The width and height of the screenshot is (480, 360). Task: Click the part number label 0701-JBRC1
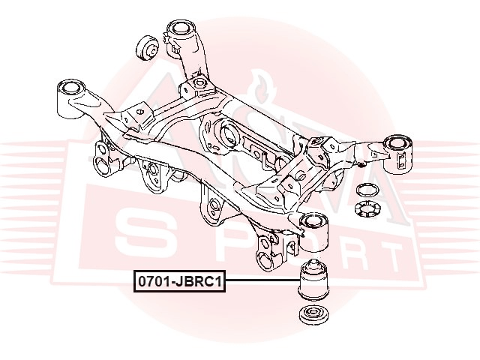click(179, 281)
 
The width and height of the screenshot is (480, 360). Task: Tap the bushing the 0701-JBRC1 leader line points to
click(313, 280)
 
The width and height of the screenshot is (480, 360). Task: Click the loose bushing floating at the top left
click(147, 48)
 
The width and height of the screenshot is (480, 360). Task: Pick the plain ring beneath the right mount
click(367, 190)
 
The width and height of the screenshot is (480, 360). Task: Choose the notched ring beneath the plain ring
click(367, 209)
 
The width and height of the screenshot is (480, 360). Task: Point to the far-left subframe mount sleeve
click(70, 98)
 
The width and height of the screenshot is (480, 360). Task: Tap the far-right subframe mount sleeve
click(398, 155)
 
